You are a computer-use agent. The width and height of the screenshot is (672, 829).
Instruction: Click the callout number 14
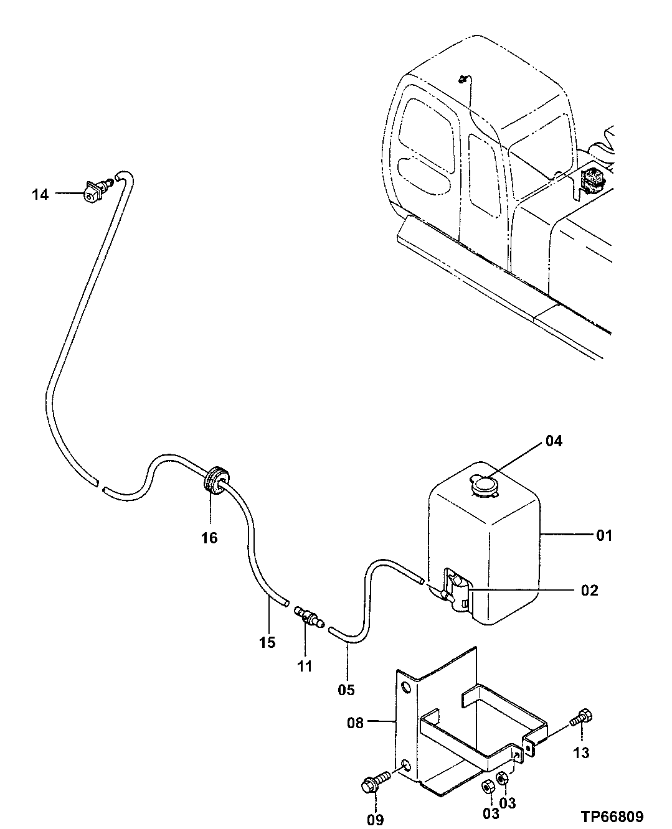click(x=40, y=195)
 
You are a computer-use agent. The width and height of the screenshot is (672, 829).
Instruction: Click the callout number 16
click(x=210, y=538)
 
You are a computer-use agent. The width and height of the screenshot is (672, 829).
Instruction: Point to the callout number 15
click(x=267, y=642)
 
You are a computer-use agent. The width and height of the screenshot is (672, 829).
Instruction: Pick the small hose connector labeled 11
click(x=308, y=617)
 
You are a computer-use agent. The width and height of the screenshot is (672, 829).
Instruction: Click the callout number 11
click(x=304, y=667)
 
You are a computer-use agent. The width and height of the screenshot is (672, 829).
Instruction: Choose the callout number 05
click(x=346, y=690)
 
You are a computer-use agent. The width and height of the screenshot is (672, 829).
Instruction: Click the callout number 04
click(x=554, y=441)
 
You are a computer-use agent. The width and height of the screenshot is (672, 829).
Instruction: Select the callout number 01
click(x=604, y=535)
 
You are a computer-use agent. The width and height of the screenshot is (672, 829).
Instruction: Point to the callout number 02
click(x=589, y=590)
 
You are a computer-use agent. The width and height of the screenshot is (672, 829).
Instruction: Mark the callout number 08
click(x=355, y=724)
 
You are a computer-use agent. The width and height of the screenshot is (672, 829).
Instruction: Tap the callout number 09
click(x=375, y=819)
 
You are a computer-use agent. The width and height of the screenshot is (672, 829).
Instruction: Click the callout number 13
click(x=580, y=754)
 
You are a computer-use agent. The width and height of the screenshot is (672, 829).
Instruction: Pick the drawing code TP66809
click(x=613, y=816)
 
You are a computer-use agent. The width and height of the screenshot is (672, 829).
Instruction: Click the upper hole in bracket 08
click(x=406, y=688)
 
